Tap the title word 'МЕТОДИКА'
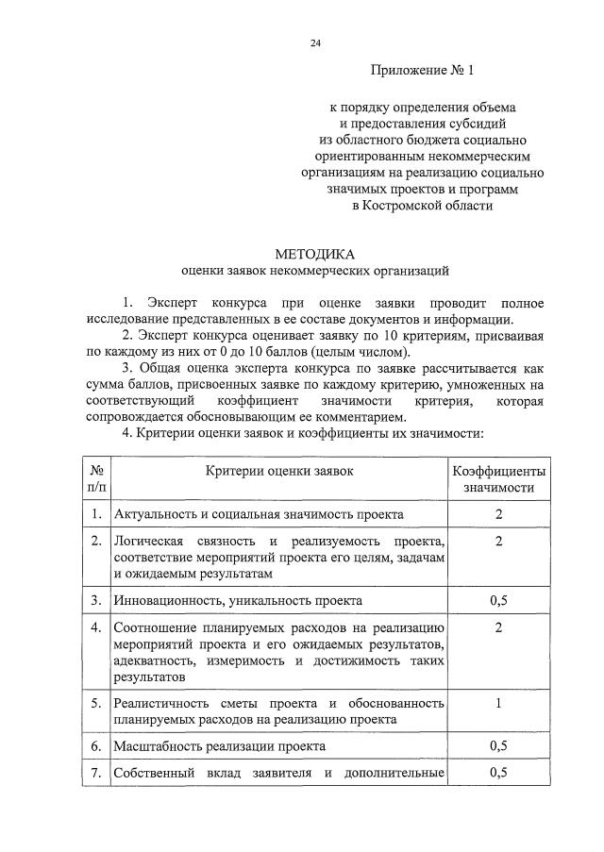pos(315,255)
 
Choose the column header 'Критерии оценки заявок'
pos(279,471)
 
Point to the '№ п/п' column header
pos(96,479)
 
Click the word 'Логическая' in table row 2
pos(147,541)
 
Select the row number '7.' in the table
pos(96,774)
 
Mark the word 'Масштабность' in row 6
pos(154,745)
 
